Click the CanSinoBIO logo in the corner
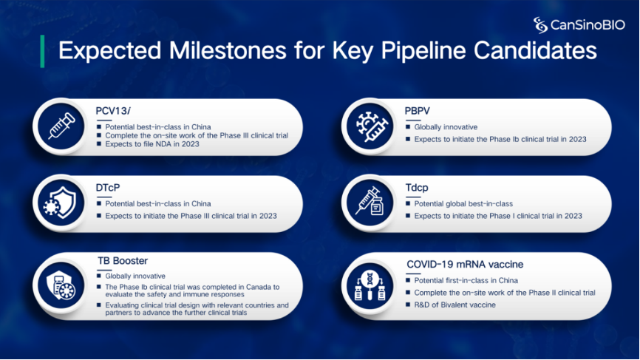point(579,25)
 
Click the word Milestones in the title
point(228,50)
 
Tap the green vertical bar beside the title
point(42,52)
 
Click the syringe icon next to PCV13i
point(61,126)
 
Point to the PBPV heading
point(417,111)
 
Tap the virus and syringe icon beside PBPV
point(370,126)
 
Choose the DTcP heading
point(108,187)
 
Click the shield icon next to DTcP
point(61,203)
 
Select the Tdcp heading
point(417,188)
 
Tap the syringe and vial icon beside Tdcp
point(370,202)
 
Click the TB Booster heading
point(123,261)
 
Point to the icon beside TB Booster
point(61,285)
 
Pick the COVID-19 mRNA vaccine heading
point(465,265)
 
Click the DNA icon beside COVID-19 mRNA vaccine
point(370,286)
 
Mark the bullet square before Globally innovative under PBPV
point(408,127)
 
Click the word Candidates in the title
point(535,50)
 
